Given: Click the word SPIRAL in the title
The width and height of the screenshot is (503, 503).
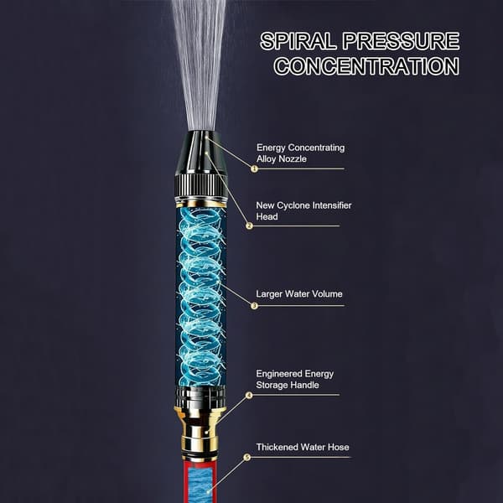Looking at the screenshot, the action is (x=298, y=41).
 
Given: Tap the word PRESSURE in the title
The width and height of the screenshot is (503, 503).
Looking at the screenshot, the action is (x=401, y=41).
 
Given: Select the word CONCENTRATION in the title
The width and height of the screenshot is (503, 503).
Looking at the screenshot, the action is (x=366, y=66).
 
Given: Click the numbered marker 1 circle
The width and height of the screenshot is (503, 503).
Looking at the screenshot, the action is (x=254, y=169).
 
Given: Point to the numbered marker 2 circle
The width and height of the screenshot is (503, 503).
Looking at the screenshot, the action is (x=249, y=226).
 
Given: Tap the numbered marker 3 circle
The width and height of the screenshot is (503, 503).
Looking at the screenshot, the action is (x=254, y=306).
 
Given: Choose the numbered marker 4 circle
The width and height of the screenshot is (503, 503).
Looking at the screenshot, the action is (x=249, y=395).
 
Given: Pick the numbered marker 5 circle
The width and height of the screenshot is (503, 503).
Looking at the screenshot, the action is (x=246, y=457).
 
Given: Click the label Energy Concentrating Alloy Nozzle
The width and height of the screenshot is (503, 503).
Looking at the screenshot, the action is (x=301, y=153).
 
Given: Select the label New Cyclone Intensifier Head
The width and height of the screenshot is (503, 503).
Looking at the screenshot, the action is (x=303, y=210).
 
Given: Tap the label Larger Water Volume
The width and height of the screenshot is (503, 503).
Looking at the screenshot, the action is (x=299, y=294).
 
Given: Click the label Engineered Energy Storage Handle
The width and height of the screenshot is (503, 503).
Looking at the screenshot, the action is (x=294, y=379).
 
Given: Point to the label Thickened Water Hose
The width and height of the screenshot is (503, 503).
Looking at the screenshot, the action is (x=303, y=447).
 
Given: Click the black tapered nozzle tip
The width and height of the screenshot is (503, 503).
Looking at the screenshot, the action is (x=201, y=153).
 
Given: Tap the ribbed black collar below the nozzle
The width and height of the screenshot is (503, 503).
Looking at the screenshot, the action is (x=201, y=186).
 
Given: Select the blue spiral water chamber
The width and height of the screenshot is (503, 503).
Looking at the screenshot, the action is (x=201, y=297).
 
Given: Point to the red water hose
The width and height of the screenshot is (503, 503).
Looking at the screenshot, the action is (x=200, y=482).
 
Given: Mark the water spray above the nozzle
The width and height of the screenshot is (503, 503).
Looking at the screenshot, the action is (x=200, y=65).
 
